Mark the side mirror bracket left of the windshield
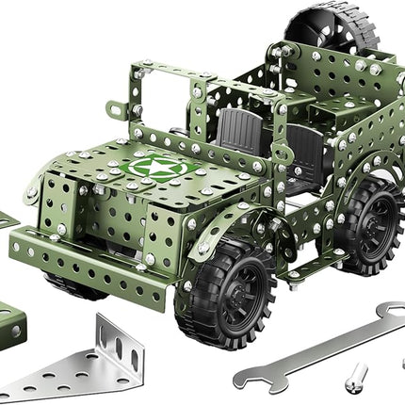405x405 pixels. tap(115, 111)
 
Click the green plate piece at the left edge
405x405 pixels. tap(8, 220)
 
